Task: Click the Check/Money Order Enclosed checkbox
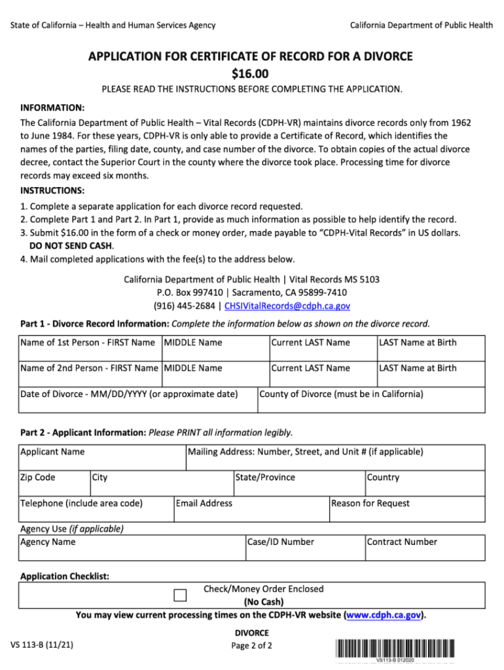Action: tap(181, 595)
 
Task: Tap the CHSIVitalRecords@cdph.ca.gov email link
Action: tap(287, 306)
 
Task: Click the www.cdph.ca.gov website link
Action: tap(384, 615)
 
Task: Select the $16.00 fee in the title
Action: tap(251, 73)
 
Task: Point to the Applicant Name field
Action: tap(103, 458)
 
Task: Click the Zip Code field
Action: tap(54, 484)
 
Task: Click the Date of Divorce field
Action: tap(137, 400)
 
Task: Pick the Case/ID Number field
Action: tap(304, 548)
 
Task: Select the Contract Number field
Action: tap(425, 548)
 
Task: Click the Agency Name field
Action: tap(132, 548)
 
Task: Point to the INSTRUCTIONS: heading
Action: tap(52, 190)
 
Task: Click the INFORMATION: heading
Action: tap(52, 107)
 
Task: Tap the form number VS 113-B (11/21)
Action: tap(42, 645)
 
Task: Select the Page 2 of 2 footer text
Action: tap(251, 646)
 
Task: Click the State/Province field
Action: tap(298, 484)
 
